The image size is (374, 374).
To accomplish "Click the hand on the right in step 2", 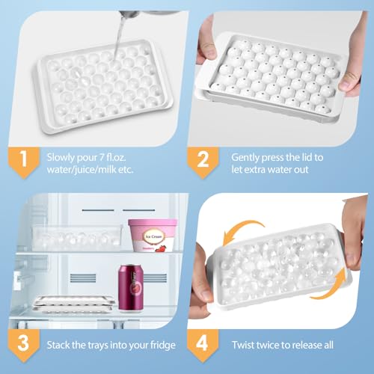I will tap(350, 71).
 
